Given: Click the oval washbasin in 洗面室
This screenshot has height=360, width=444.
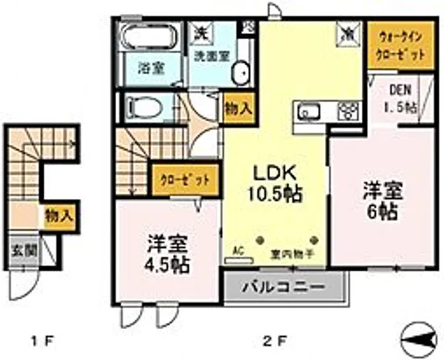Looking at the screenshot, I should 240,72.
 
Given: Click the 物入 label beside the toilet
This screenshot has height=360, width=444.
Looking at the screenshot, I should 238,106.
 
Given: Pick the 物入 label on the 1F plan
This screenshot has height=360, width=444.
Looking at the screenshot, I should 58,217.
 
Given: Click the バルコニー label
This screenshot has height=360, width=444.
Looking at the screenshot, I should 284,285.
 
